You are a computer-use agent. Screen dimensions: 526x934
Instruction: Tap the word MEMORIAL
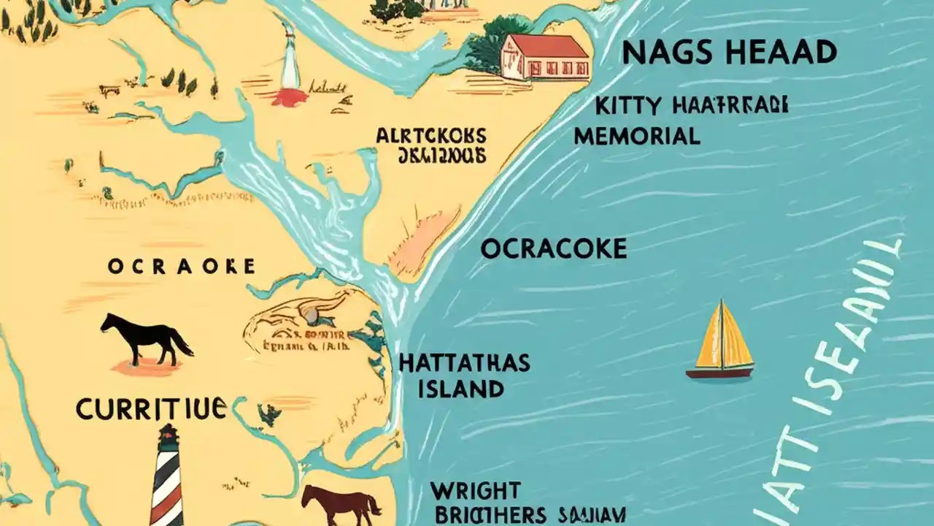[x=636, y=136]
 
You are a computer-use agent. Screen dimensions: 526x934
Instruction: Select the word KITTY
[x=629, y=107]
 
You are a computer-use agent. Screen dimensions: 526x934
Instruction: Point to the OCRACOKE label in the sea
[x=554, y=249]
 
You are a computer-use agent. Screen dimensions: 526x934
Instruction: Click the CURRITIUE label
[x=150, y=409]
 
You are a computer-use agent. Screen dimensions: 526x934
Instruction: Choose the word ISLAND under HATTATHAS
[x=460, y=389]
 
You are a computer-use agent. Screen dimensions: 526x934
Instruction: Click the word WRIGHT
[x=475, y=489]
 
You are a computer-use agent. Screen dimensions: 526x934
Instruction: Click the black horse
[x=146, y=338]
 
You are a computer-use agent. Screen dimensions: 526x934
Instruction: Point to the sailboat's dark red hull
[x=719, y=373]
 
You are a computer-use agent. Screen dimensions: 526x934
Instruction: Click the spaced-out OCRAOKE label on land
[x=181, y=267]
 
